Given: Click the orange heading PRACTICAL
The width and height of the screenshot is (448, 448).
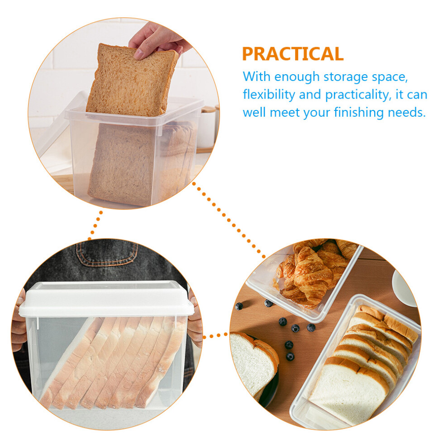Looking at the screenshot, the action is tap(293, 54).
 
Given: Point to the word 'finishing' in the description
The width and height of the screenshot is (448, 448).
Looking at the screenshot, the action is tap(358, 112).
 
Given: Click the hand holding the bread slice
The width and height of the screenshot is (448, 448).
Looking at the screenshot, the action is tap(158, 40).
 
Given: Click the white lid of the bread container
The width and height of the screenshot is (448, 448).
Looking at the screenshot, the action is tap(106, 299).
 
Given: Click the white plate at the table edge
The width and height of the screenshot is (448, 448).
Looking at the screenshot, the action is tap(404, 287).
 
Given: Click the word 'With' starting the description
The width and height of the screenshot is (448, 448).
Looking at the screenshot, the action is tap(256, 76).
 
